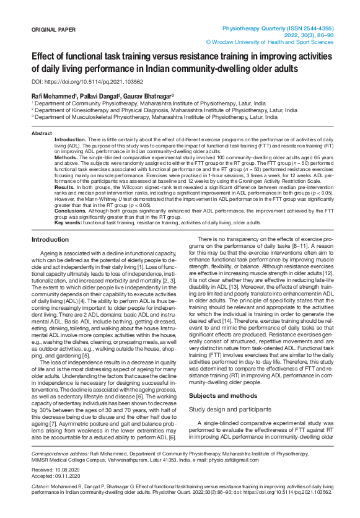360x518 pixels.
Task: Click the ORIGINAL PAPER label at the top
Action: [53, 30]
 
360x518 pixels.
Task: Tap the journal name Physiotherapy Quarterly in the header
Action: [255, 29]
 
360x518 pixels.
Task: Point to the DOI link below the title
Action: [87, 82]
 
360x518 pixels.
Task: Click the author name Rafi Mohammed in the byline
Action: [53, 96]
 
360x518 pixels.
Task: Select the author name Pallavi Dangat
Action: [99, 96]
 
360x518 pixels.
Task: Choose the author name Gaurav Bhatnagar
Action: [146, 96]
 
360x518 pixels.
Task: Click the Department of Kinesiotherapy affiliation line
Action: [164, 110]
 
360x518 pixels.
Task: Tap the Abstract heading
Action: [42, 133]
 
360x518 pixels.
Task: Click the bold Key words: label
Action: [68, 222]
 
